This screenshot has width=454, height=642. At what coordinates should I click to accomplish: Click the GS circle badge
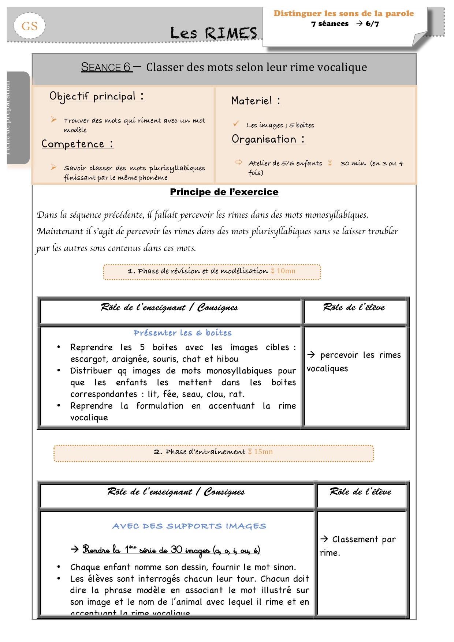[29, 26]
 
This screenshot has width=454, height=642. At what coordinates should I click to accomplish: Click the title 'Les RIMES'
[213, 33]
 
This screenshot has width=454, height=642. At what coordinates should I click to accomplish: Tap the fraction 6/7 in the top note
[372, 24]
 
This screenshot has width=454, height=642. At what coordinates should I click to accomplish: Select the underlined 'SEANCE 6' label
[106, 67]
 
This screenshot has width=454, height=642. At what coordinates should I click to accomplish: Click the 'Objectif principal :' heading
[97, 96]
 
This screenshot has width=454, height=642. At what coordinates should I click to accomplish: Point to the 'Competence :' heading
[77, 144]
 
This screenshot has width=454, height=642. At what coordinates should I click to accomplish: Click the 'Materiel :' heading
[256, 101]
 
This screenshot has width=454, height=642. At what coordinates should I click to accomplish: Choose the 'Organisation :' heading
[268, 139]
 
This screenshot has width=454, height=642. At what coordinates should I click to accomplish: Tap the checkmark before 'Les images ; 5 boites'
[236, 124]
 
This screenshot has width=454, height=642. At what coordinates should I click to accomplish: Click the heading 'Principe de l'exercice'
[224, 192]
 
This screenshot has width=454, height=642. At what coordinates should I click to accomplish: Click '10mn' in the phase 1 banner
[286, 271]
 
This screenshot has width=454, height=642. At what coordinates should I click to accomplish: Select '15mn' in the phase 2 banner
[263, 452]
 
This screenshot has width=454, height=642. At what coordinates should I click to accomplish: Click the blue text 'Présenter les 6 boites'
[182, 333]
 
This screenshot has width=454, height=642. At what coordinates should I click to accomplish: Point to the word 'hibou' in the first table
[227, 359]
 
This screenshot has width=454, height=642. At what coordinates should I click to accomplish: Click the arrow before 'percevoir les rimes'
[311, 354]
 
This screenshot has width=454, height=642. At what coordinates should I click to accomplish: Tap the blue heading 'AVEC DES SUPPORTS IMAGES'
[189, 526]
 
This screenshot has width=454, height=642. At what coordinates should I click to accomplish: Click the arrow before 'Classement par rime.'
[324, 539]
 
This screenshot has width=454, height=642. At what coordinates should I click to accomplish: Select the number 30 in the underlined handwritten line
[176, 549]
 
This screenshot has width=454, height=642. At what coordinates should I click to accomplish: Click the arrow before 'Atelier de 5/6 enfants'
[239, 162]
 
